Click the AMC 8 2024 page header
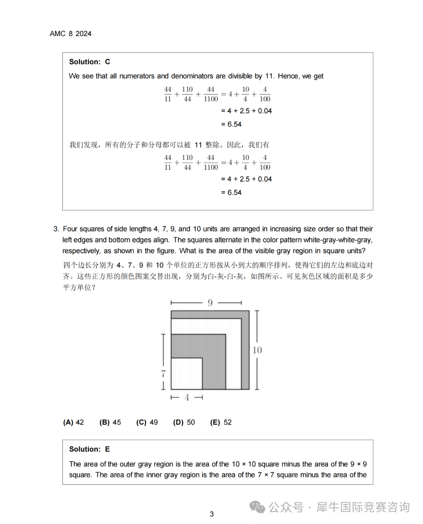pos(70,34)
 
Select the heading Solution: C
pos(89,62)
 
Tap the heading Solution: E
pos(89,449)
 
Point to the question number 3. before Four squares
pos(56,229)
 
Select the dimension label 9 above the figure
pos(210,303)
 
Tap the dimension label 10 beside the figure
pos(257,350)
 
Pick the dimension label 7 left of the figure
pos(163,374)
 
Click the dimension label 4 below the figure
pos(187,397)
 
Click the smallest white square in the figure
pos(186,374)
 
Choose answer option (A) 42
pos(73,422)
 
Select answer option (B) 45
pos(110,422)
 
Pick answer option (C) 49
pos(147,422)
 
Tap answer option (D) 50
pos(184,422)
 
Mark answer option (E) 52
pos(221,422)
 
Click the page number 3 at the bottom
pos(211,514)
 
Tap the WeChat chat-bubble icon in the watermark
pos(257,507)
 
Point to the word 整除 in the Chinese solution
pos(212,145)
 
